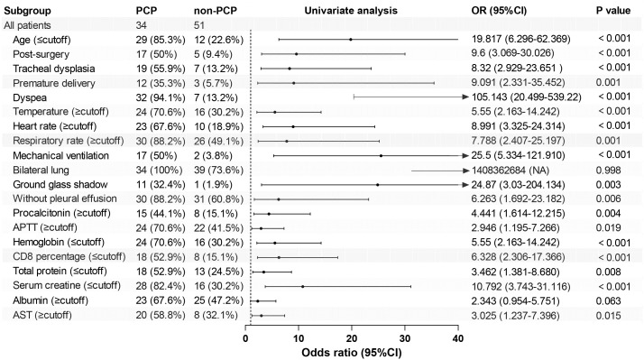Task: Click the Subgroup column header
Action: (28, 11)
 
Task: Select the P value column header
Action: (613, 10)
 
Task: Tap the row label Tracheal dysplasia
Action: (54, 69)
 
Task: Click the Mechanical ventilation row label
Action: (60, 156)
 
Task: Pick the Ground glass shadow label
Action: (60, 185)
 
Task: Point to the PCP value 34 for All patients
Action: (142, 25)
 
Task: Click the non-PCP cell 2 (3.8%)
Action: (213, 156)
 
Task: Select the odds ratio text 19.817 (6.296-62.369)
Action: (520, 39)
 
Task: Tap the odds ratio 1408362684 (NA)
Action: (511, 171)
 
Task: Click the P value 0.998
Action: (608, 171)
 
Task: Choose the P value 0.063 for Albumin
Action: (608, 300)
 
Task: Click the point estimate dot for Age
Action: (350, 40)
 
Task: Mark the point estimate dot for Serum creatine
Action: (303, 286)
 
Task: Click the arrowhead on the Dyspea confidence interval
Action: (465, 97)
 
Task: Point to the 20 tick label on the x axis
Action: (352, 338)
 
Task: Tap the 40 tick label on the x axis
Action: (458, 338)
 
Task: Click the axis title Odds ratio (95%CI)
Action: (352, 353)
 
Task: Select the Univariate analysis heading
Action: (351, 11)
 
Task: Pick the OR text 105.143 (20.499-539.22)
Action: (527, 97)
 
